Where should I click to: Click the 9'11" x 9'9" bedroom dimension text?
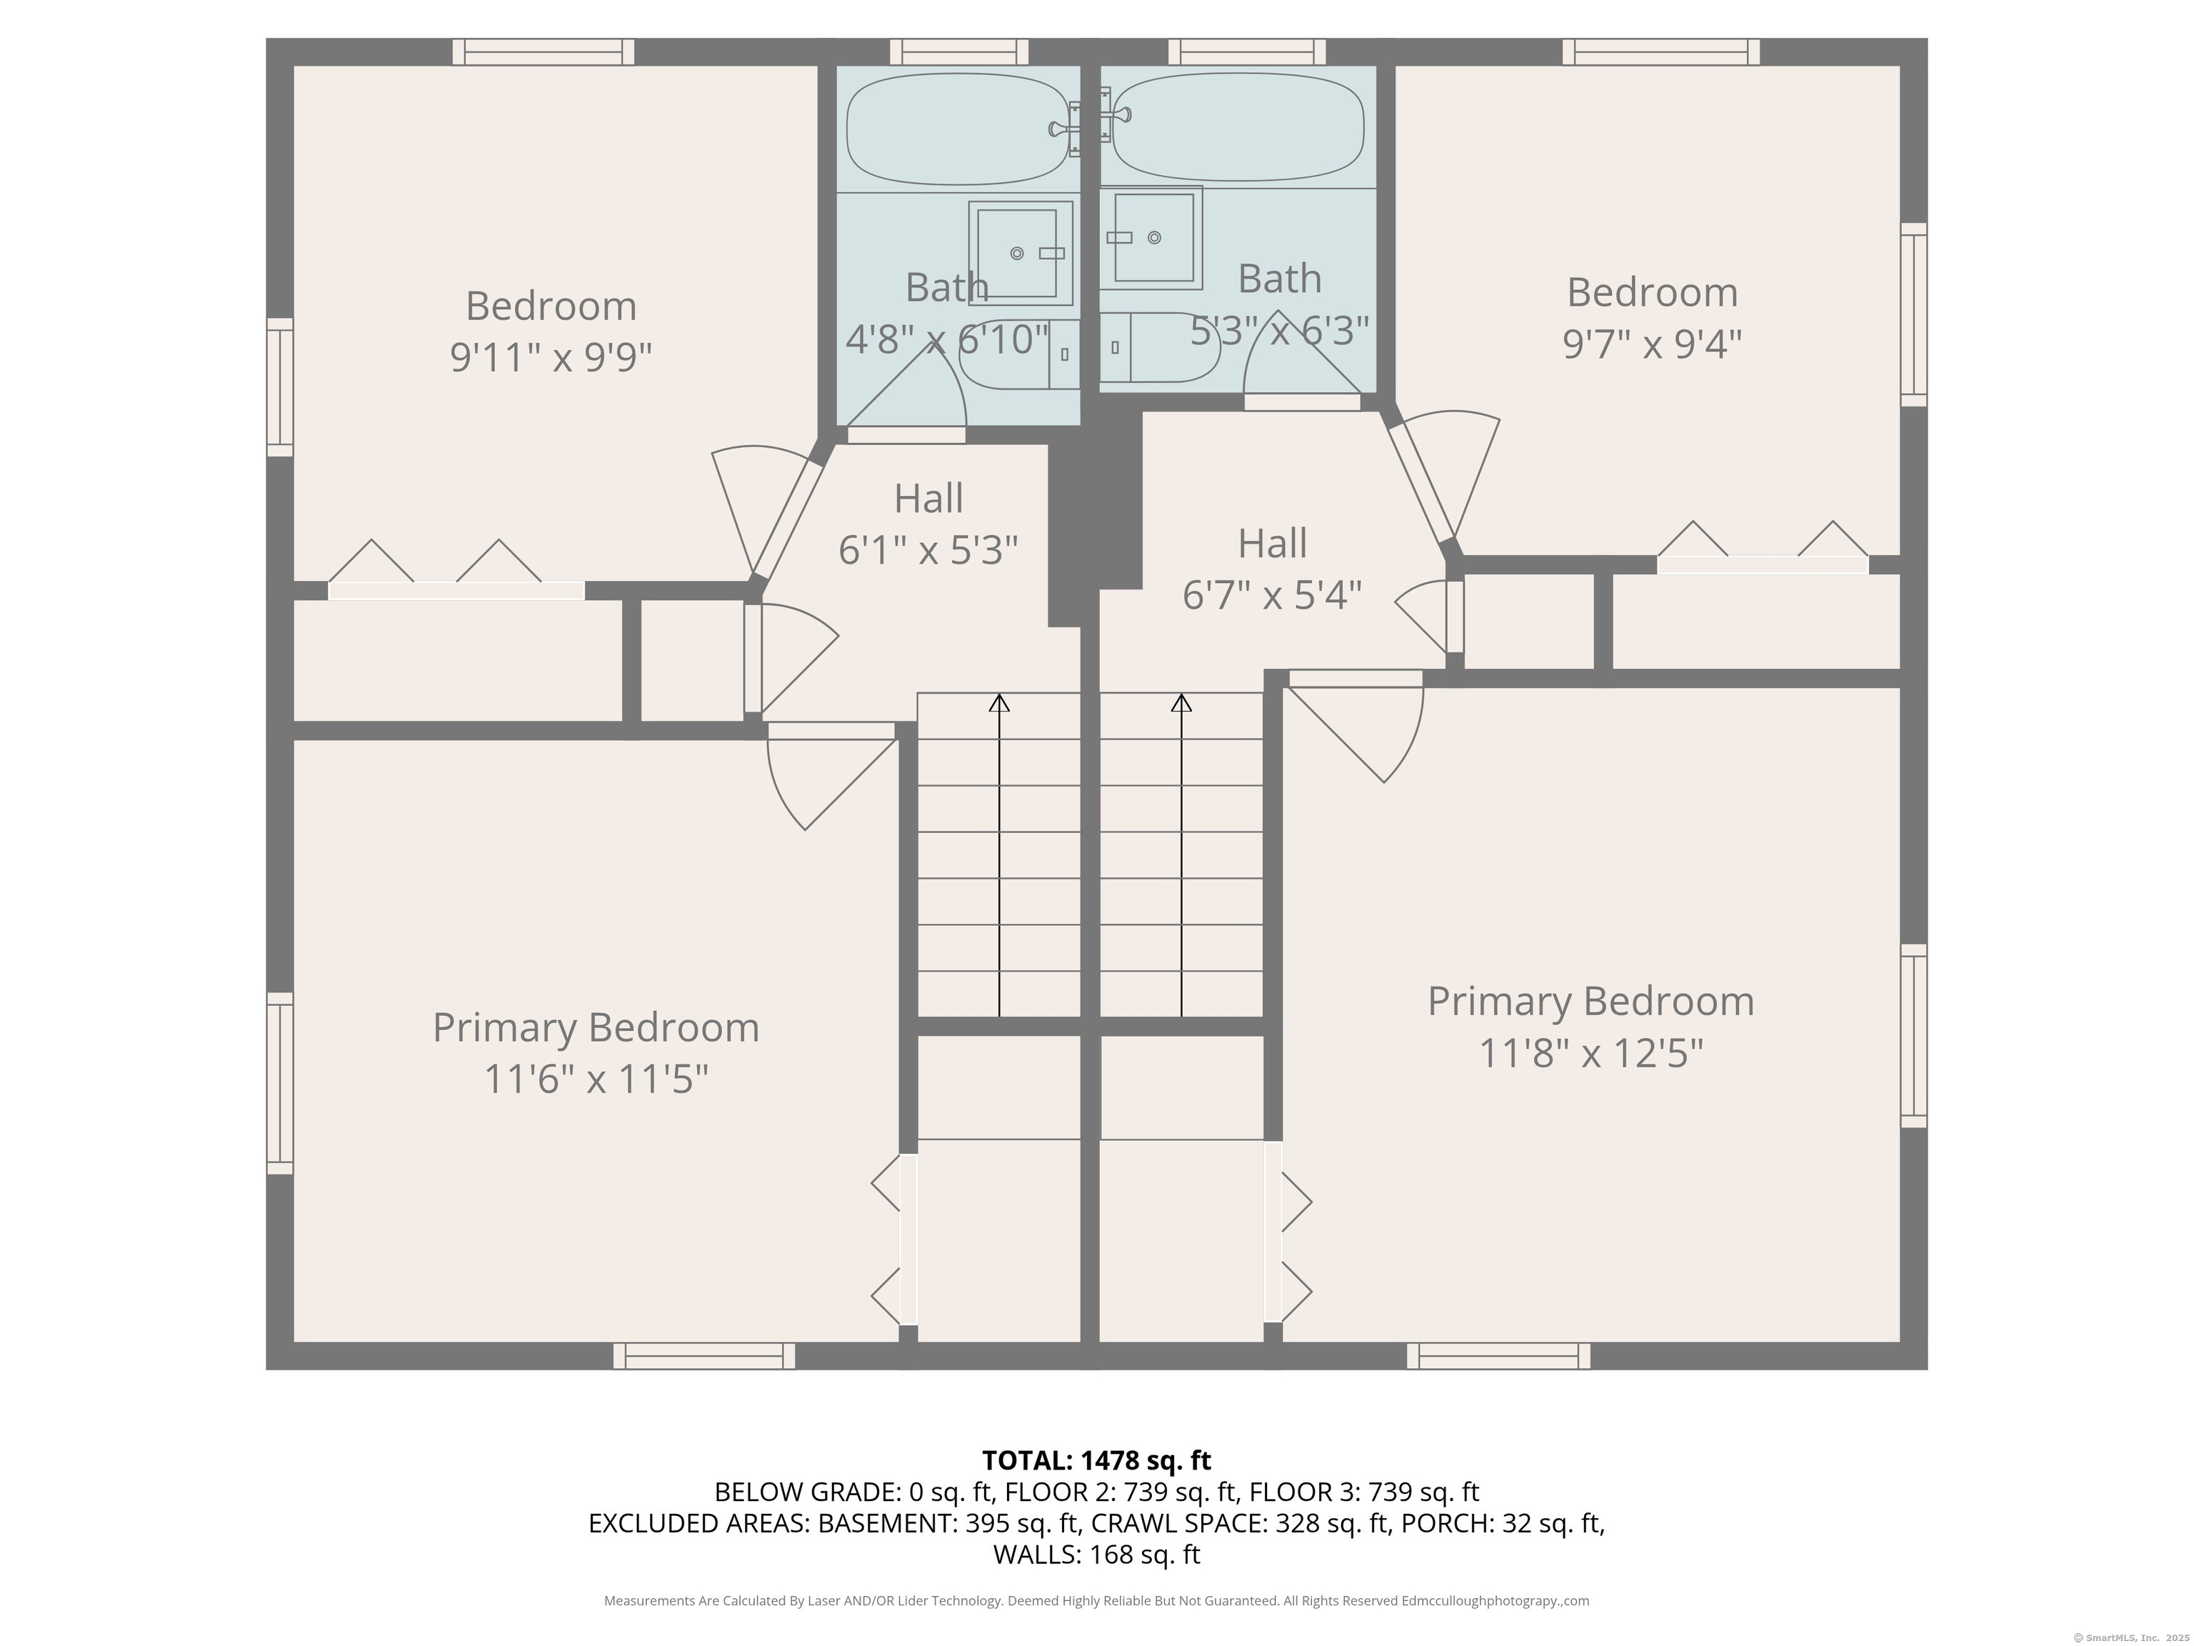coord(551,356)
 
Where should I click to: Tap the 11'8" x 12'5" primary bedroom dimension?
coord(1591,1053)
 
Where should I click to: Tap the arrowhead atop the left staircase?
coord(999,702)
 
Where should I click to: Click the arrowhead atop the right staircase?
coord(1181,702)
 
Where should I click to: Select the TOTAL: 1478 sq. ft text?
coord(1096,1460)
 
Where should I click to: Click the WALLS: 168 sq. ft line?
coord(1096,1555)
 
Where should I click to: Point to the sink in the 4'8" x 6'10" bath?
coord(1021,252)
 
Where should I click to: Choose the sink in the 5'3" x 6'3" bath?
coord(1151,237)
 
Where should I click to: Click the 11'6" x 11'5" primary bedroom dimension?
coord(596,1079)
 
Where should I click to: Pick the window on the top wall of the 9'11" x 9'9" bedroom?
coord(544,51)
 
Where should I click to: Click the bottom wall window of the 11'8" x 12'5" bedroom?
coord(1498,1356)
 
